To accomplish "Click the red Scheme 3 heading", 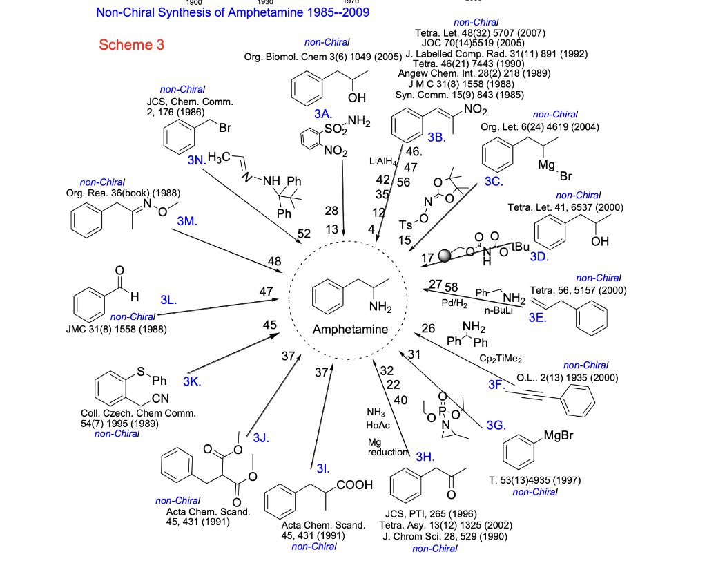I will click(132, 45).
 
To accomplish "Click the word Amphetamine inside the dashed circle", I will click(350, 329).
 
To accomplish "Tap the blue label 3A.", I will click(322, 113).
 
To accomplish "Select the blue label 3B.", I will click(436, 137).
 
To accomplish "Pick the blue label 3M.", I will click(187, 221).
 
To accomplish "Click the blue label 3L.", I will click(168, 301).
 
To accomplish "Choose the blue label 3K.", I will click(191, 381).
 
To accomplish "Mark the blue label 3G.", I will click(496, 425).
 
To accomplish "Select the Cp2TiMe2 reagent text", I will click(501, 359).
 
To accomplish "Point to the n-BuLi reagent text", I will click(498, 312).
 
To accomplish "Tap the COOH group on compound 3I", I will click(354, 486).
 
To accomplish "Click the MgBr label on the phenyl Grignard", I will click(559, 436).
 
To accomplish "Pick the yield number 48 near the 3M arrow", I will click(275, 260).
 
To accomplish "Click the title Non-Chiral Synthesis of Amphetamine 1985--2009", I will click(233, 12).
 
